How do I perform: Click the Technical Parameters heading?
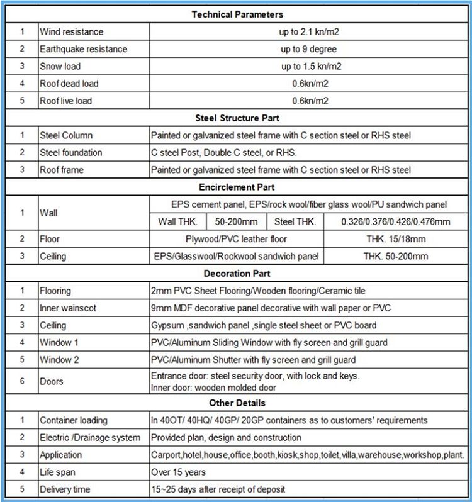click(237, 14)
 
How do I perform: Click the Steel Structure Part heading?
click(237, 118)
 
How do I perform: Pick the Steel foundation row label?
click(70, 152)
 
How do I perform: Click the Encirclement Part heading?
click(237, 187)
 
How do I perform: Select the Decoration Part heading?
click(237, 274)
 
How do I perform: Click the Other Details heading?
click(237, 403)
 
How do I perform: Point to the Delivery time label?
click(65, 489)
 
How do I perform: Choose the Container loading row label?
click(73, 420)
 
